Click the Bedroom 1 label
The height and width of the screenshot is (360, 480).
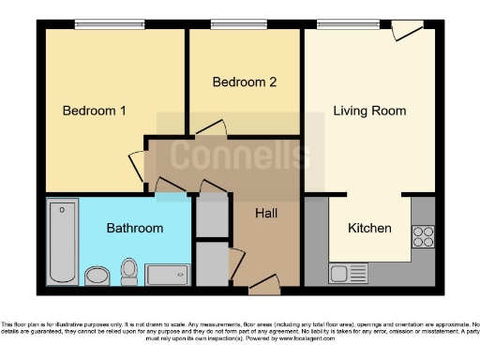(x=94, y=111)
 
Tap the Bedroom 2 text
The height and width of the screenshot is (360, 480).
(x=244, y=82)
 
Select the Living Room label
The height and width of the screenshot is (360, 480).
(x=369, y=111)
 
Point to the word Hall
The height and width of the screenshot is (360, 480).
(x=266, y=214)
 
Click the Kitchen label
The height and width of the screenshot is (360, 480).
(x=369, y=228)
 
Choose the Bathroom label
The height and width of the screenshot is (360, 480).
(x=134, y=228)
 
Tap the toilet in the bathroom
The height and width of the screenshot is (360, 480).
(x=129, y=272)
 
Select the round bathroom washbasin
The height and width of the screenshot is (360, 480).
(x=97, y=276)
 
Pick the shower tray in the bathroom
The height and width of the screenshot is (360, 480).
(x=169, y=275)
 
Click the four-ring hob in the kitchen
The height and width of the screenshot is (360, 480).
(x=423, y=236)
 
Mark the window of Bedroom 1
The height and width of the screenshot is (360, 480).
(x=104, y=25)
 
